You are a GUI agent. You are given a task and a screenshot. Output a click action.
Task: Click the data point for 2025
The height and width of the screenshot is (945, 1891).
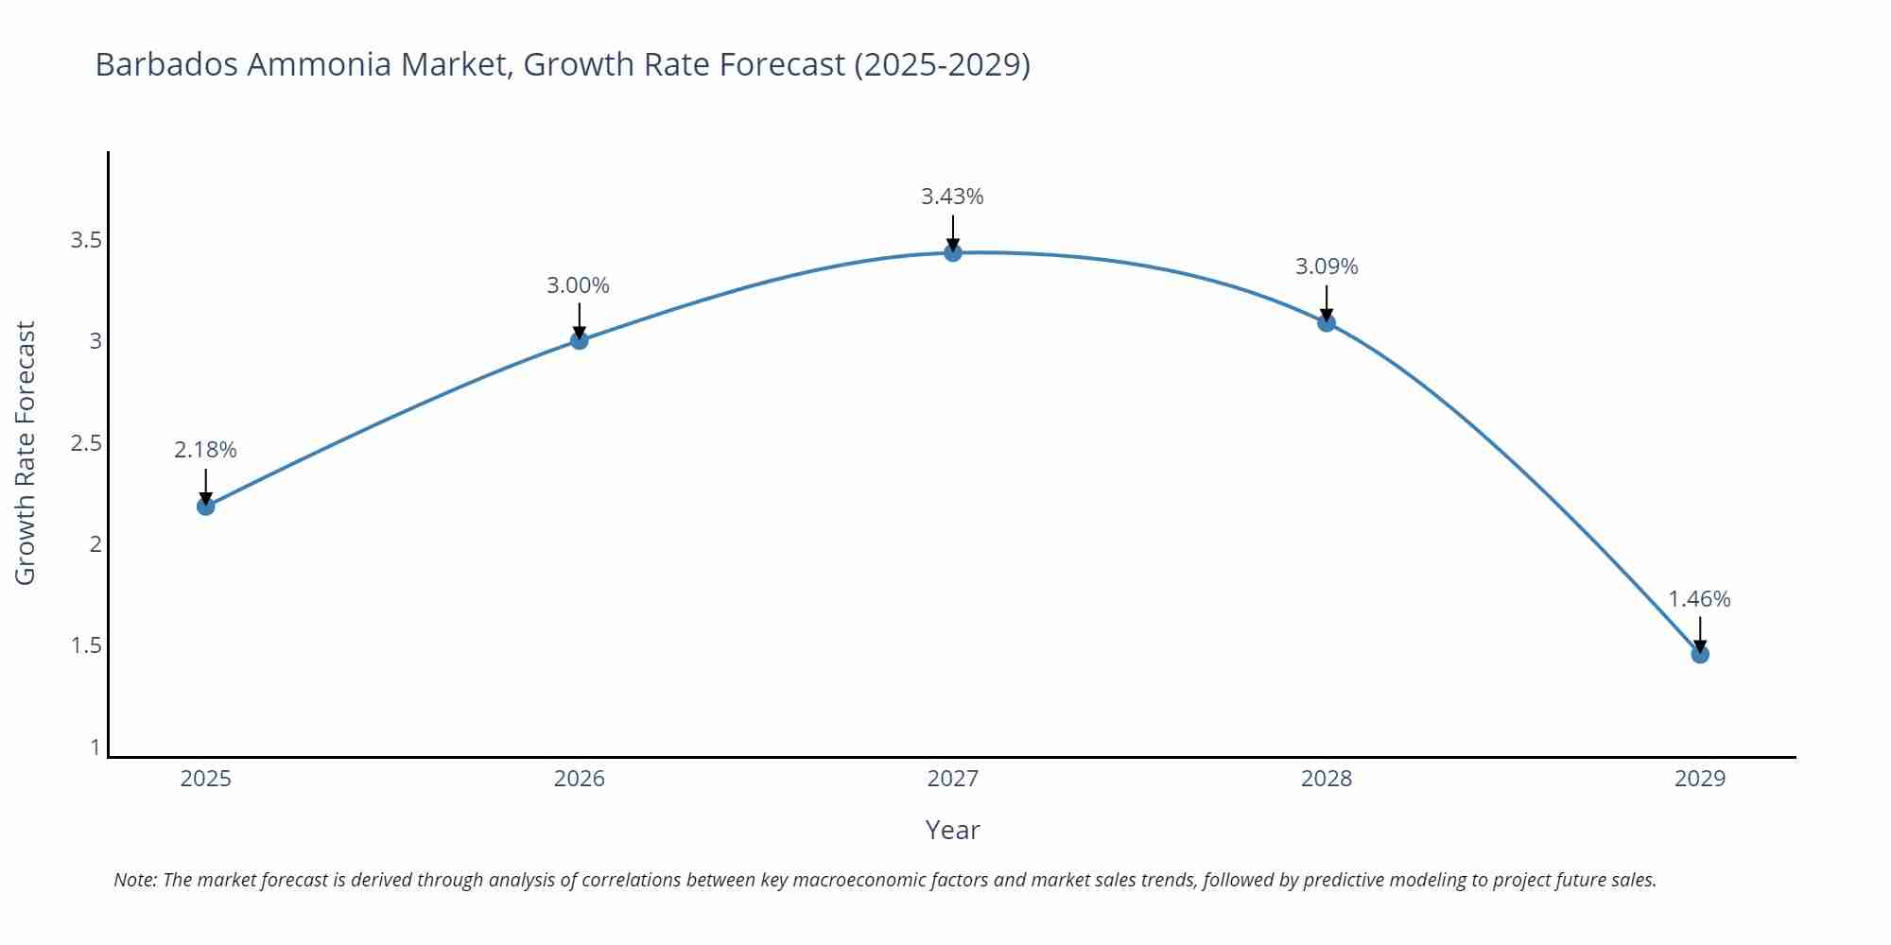point(205,507)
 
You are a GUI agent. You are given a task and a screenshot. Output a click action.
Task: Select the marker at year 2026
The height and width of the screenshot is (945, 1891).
point(580,340)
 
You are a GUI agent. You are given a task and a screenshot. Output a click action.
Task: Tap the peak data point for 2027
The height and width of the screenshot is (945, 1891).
point(953,252)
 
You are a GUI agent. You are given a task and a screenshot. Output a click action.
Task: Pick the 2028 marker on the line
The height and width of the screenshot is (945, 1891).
point(1327,322)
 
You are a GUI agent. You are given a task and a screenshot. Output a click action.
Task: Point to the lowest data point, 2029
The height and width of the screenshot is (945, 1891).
point(1700,654)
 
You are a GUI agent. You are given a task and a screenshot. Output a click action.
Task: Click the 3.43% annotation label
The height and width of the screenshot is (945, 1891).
point(952,197)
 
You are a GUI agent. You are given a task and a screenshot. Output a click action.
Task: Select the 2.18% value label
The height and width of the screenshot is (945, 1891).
point(205,450)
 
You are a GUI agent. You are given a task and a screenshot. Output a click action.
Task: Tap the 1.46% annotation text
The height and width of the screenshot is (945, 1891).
point(1699,599)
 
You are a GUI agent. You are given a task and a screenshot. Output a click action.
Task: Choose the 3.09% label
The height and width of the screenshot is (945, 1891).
point(1327,266)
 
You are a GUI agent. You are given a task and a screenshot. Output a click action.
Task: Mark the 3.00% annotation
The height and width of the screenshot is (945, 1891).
point(578,285)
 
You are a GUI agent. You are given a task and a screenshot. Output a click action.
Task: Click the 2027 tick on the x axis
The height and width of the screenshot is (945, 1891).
point(953,779)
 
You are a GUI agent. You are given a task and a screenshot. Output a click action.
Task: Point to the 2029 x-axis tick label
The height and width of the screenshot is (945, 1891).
point(1700,779)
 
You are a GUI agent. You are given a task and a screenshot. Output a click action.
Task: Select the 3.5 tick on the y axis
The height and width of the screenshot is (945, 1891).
point(86,240)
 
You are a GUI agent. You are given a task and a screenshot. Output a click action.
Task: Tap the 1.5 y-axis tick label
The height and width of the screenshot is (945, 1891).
point(86,645)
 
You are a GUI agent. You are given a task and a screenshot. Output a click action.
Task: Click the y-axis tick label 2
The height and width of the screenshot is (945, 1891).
point(95,544)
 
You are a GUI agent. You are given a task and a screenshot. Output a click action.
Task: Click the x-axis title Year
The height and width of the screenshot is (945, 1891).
point(952,830)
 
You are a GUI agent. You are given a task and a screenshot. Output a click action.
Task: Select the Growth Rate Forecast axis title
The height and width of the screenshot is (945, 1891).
point(26,453)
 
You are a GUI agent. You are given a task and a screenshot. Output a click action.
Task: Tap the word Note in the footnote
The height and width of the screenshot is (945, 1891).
point(134,880)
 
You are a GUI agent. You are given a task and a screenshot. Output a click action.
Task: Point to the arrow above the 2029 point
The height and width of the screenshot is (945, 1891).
point(1700,633)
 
